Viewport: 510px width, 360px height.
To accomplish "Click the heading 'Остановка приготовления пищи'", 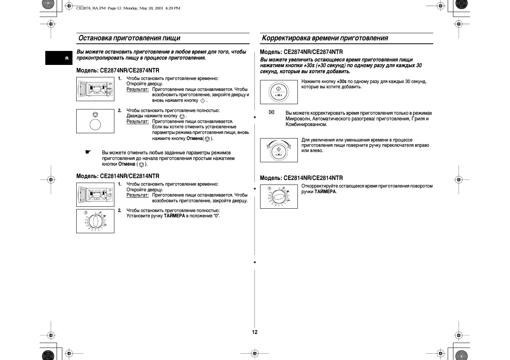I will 129,38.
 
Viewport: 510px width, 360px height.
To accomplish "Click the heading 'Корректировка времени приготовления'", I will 325,38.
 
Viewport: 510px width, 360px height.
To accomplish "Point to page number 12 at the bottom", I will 255,332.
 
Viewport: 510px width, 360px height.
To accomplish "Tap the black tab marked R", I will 67,58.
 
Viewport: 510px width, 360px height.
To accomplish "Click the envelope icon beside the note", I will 271,112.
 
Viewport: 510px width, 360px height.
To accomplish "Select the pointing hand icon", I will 88,152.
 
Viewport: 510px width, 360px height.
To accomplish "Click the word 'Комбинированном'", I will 306,125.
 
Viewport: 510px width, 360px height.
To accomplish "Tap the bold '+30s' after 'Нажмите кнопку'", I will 341,82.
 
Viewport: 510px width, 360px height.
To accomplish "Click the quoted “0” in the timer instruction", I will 216,216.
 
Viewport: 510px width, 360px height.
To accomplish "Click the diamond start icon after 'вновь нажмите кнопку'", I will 203,101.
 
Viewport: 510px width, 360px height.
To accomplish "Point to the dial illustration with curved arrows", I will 279,150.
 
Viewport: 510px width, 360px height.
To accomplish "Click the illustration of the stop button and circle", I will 95,121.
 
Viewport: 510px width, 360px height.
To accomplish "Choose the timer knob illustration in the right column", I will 279,196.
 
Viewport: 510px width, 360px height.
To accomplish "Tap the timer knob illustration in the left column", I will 95,221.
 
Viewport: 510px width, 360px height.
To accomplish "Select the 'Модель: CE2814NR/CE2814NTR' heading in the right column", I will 301,178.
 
